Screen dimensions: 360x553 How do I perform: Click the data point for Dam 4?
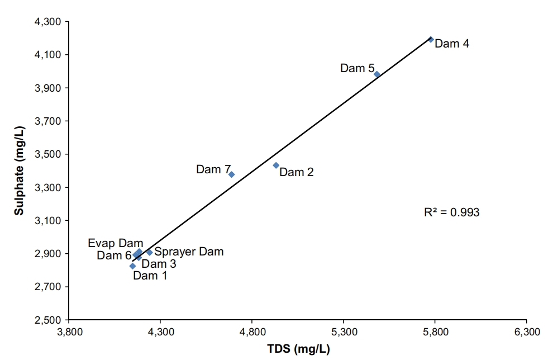(431, 39)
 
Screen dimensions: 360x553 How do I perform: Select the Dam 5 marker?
(377, 74)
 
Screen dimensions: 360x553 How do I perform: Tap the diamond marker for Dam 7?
(231, 174)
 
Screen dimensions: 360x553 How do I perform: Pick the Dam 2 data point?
(276, 165)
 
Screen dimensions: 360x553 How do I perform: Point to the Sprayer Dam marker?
(149, 252)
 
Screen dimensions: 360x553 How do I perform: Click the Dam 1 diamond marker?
(132, 266)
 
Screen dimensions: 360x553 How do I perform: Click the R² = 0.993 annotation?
(452, 212)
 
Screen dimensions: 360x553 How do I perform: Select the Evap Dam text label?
(116, 243)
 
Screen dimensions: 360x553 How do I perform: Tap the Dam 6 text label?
(114, 255)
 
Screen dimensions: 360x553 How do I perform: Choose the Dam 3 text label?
(159, 264)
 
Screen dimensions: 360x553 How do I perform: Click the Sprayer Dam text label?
(189, 252)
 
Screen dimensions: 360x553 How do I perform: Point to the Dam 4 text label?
(452, 44)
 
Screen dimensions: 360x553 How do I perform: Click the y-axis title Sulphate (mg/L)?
(19, 170)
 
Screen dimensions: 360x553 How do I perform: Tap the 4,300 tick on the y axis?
(49, 22)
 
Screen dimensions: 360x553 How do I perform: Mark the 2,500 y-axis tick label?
(49, 320)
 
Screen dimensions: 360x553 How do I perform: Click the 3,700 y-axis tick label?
(49, 121)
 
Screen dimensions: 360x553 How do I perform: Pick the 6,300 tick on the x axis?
(526, 331)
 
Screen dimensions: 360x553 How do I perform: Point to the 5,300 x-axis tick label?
(343, 331)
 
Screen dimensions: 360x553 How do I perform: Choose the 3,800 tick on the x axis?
(69, 331)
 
